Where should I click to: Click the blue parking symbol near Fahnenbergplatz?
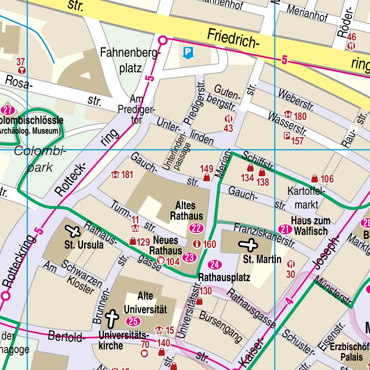pyautogui.click(x=188, y=53)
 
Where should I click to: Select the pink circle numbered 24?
pyautogui.click(x=215, y=265)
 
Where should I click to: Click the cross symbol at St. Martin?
pyautogui.click(x=249, y=245)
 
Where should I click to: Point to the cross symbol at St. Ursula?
pyautogui.click(x=73, y=231)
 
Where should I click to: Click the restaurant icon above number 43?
pyautogui.click(x=228, y=119)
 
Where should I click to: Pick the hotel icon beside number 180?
pyautogui.click(x=288, y=115)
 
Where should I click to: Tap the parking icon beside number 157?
pyautogui.click(x=287, y=136)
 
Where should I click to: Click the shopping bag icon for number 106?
pyautogui.click(x=315, y=178)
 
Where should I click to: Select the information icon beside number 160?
pyautogui.click(x=197, y=244)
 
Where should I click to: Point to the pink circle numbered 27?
pyautogui.click(x=8, y=109)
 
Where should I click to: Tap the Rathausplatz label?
pyautogui.click(x=224, y=278)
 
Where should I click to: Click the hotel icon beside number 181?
pyautogui.click(x=115, y=175)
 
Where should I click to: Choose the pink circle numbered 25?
pyautogui.click(x=133, y=321)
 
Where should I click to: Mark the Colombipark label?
pyautogui.click(x=40, y=159)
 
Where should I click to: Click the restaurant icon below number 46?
pyautogui.click(x=351, y=46)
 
